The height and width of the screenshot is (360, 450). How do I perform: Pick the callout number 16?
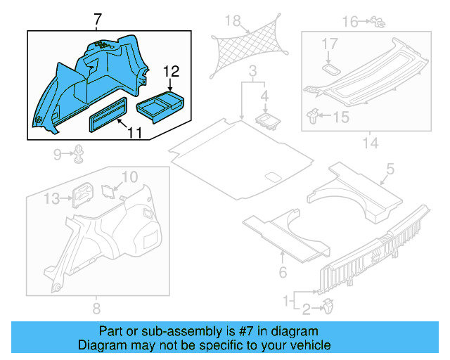[349, 22]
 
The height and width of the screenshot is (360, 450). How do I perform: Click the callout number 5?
[390, 169]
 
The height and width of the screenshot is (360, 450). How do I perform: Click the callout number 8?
[96, 308]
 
